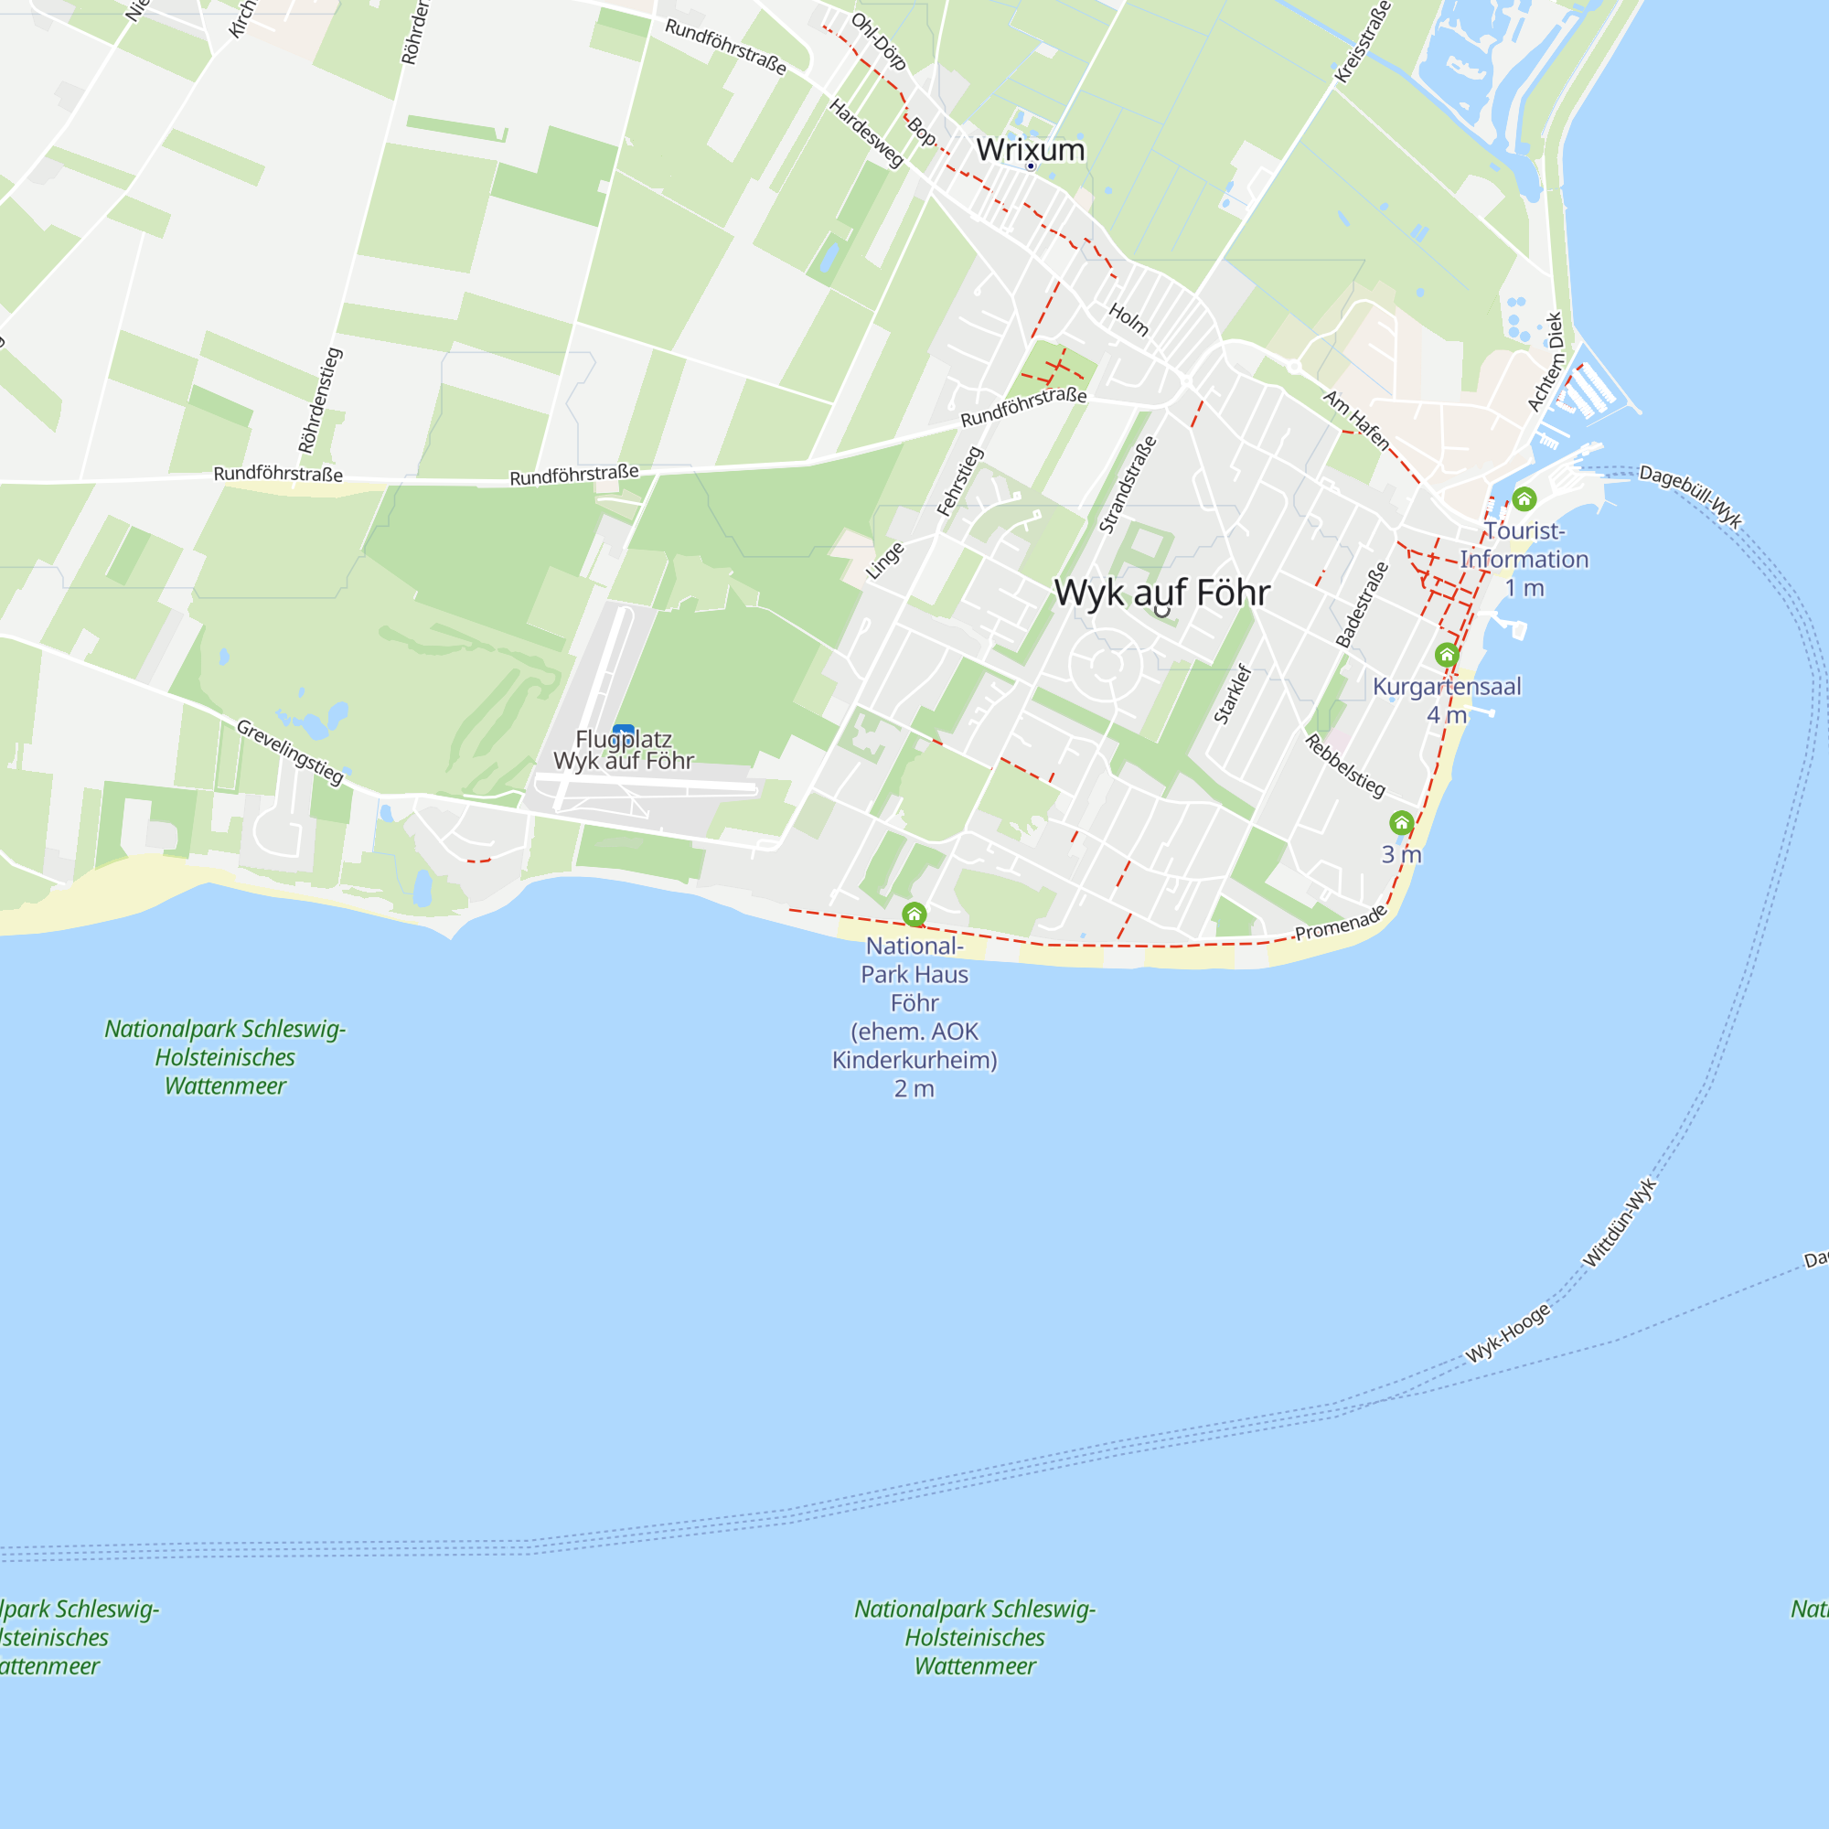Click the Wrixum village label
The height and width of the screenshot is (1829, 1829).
tap(1030, 150)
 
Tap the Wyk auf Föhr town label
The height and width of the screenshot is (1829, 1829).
tap(1161, 593)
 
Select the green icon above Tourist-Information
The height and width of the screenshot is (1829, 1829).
tap(1524, 499)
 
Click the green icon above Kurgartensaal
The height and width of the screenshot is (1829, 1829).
tap(1446, 655)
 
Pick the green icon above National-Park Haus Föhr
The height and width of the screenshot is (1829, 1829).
tap(914, 914)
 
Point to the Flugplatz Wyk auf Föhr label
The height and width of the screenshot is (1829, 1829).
tap(624, 750)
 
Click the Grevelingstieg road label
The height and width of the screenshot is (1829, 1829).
tap(290, 752)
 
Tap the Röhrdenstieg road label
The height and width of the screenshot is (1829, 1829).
tap(320, 401)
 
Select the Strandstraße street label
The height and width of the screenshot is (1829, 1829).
tap(1128, 485)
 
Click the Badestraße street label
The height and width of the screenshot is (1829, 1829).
tap(1362, 604)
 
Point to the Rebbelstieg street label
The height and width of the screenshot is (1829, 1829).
tap(1345, 765)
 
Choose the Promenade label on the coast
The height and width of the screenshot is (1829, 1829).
tap(1340, 923)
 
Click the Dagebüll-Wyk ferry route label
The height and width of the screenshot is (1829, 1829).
tap(1690, 496)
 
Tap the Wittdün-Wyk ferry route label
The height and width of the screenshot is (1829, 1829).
tap(1620, 1222)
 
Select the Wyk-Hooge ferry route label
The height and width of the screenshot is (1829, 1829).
tap(1508, 1333)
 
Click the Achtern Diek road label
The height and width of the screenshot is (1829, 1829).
tap(1544, 362)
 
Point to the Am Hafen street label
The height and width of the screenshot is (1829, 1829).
tap(1356, 421)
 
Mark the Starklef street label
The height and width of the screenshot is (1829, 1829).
tap(1233, 695)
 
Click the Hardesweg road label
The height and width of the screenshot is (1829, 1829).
tap(866, 134)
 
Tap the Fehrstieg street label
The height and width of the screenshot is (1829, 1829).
tap(960, 481)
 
